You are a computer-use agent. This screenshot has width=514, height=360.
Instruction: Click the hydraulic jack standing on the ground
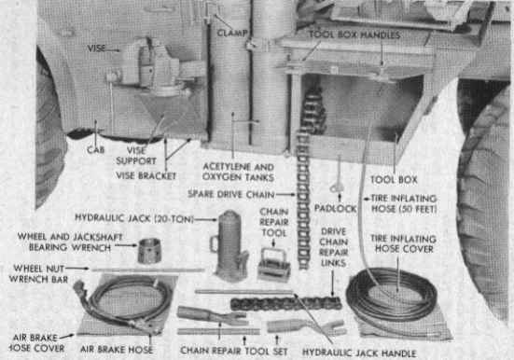click(229, 246)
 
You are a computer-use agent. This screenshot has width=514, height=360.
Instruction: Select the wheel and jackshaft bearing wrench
click(149, 251)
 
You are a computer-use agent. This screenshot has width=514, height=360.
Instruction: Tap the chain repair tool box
click(274, 265)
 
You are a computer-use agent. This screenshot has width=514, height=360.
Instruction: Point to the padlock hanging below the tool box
click(337, 187)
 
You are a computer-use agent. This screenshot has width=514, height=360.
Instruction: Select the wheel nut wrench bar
click(147, 270)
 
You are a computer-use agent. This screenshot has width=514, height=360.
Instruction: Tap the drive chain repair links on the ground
click(285, 304)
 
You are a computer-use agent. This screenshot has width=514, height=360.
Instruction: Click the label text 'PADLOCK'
click(335, 209)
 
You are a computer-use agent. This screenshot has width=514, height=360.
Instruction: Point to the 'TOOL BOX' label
click(394, 180)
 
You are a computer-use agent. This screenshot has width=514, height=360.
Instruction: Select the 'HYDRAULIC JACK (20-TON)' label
click(134, 218)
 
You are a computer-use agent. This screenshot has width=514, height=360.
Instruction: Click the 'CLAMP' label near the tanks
click(232, 33)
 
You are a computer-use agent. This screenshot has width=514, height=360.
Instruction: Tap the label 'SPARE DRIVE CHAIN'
click(231, 194)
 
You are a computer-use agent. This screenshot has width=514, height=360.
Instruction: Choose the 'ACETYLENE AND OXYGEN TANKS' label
click(238, 173)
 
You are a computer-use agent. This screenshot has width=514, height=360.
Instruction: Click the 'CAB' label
click(96, 150)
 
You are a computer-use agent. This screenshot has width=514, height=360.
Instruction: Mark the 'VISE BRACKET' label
click(146, 175)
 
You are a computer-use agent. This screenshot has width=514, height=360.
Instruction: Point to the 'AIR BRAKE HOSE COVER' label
click(35, 343)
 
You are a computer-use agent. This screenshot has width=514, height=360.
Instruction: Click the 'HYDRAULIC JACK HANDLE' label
click(359, 353)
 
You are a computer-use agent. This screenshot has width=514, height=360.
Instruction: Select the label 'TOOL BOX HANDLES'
click(354, 35)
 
